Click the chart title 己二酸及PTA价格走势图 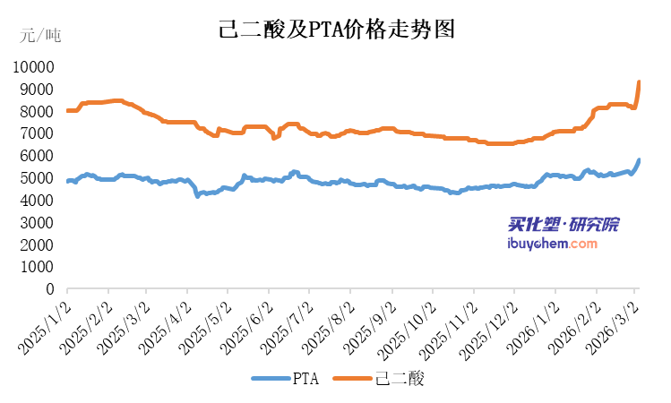[337, 29]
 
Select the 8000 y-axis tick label [38, 112]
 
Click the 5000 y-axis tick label [38, 178]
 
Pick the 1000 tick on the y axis [38, 267]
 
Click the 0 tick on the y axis [49, 289]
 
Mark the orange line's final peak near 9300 [639, 82]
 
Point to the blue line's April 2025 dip [198, 194]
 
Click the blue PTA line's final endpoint [639, 160]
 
